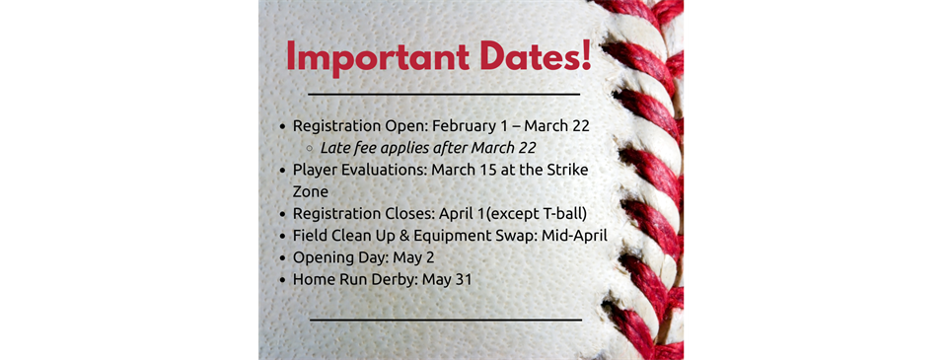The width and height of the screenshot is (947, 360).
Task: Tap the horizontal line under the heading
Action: pyautogui.click(x=444, y=95)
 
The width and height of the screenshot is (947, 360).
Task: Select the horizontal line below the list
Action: pyautogui.click(x=446, y=320)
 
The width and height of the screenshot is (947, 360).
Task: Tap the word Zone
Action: pyautogui.click(x=311, y=191)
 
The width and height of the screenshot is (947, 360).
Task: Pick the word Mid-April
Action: pyautogui.click(x=574, y=236)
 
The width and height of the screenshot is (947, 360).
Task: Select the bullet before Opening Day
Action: pyautogui.click(x=283, y=258)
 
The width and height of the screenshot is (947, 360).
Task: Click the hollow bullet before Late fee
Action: pyautogui.click(x=309, y=148)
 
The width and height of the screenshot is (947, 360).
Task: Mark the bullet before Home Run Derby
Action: pyautogui.click(x=283, y=280)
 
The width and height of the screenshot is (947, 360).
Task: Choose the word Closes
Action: pyautogui.click(x=410, y=213)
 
